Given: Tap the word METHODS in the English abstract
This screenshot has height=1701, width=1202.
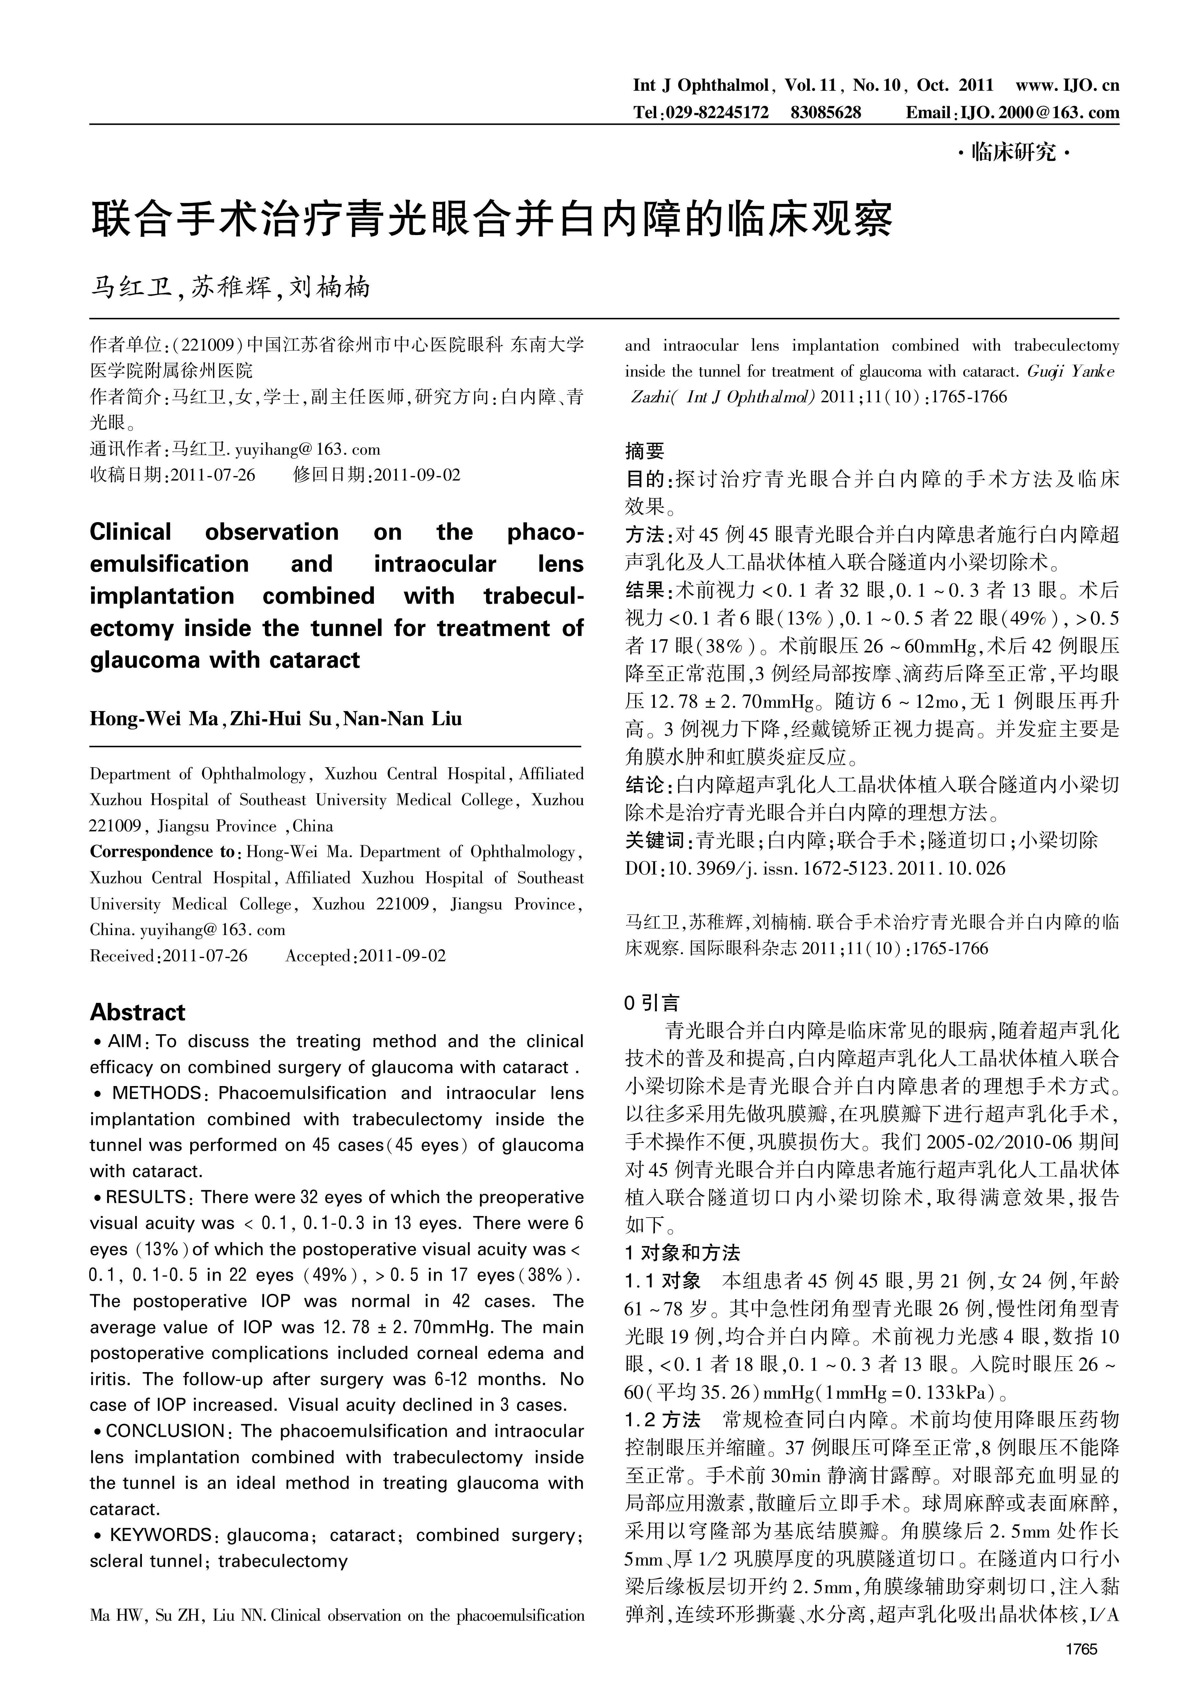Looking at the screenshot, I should point(156,1093).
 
